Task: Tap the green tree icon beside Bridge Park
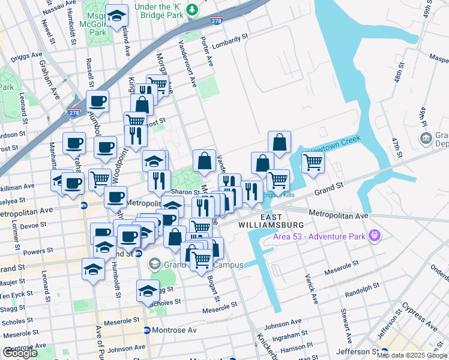191,10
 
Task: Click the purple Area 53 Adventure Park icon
376,235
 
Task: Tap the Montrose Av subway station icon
147,330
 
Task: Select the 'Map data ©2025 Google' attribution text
411,355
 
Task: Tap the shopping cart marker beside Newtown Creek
313,161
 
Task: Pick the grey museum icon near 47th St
426,139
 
